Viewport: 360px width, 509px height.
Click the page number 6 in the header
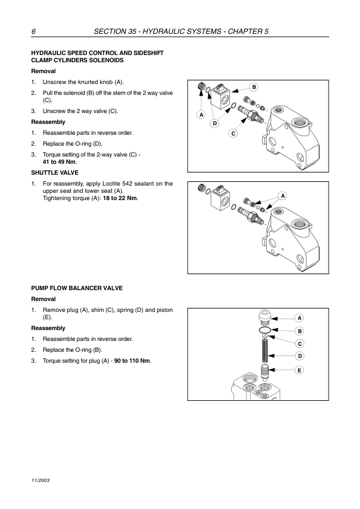click(x=33, y=31)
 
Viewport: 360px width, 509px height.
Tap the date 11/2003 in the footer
click(x=41, y=481)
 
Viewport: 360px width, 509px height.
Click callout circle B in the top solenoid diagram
click(x=254, y=87)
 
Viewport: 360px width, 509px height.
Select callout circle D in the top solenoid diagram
click(x=215, y=123)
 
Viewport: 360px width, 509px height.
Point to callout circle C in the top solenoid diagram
click(x=234, y=134)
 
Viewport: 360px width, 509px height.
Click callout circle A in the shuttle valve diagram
click(x=283, y=196)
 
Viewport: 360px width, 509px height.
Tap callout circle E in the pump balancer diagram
click(x=299, y=371)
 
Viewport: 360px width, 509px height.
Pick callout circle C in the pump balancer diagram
click(x=299, y=344)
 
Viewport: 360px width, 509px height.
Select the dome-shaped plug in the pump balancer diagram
click(x=265, y=317)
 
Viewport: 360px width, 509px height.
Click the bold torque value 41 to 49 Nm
click(x=59, y=161)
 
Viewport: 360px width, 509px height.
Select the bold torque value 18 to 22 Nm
click(x=120, y=198)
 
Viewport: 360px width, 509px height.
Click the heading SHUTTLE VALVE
click(x=55, y=173)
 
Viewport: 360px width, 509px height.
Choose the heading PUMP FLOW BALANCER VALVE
click(x=77, y=288)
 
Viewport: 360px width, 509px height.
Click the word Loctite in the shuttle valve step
click(x=111, y=184)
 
